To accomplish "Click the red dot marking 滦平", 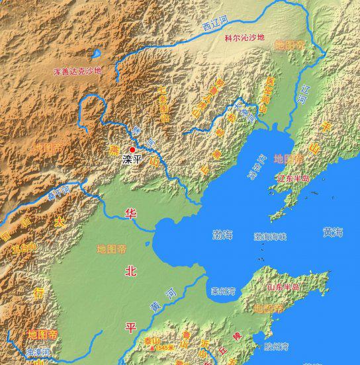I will pyautogui.click(x=132, y=150).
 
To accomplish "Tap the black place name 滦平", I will pyautogui.click(x=132, y=159).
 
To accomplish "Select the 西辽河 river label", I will pyautogui.click(x=214, y=26).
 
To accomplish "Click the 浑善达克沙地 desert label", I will pyautogui.click(x=78, y=70).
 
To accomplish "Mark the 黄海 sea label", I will pyautogui.click(x=333, y=232).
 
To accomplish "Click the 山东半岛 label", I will pyautogui.click(x=283, y=287).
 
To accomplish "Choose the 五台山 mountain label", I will pyautogui.click(x=21, y=249).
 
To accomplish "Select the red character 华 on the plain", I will pyautogui.click(x=130, y=214).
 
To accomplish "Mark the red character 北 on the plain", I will pyautogui.click(x=130, y=270).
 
